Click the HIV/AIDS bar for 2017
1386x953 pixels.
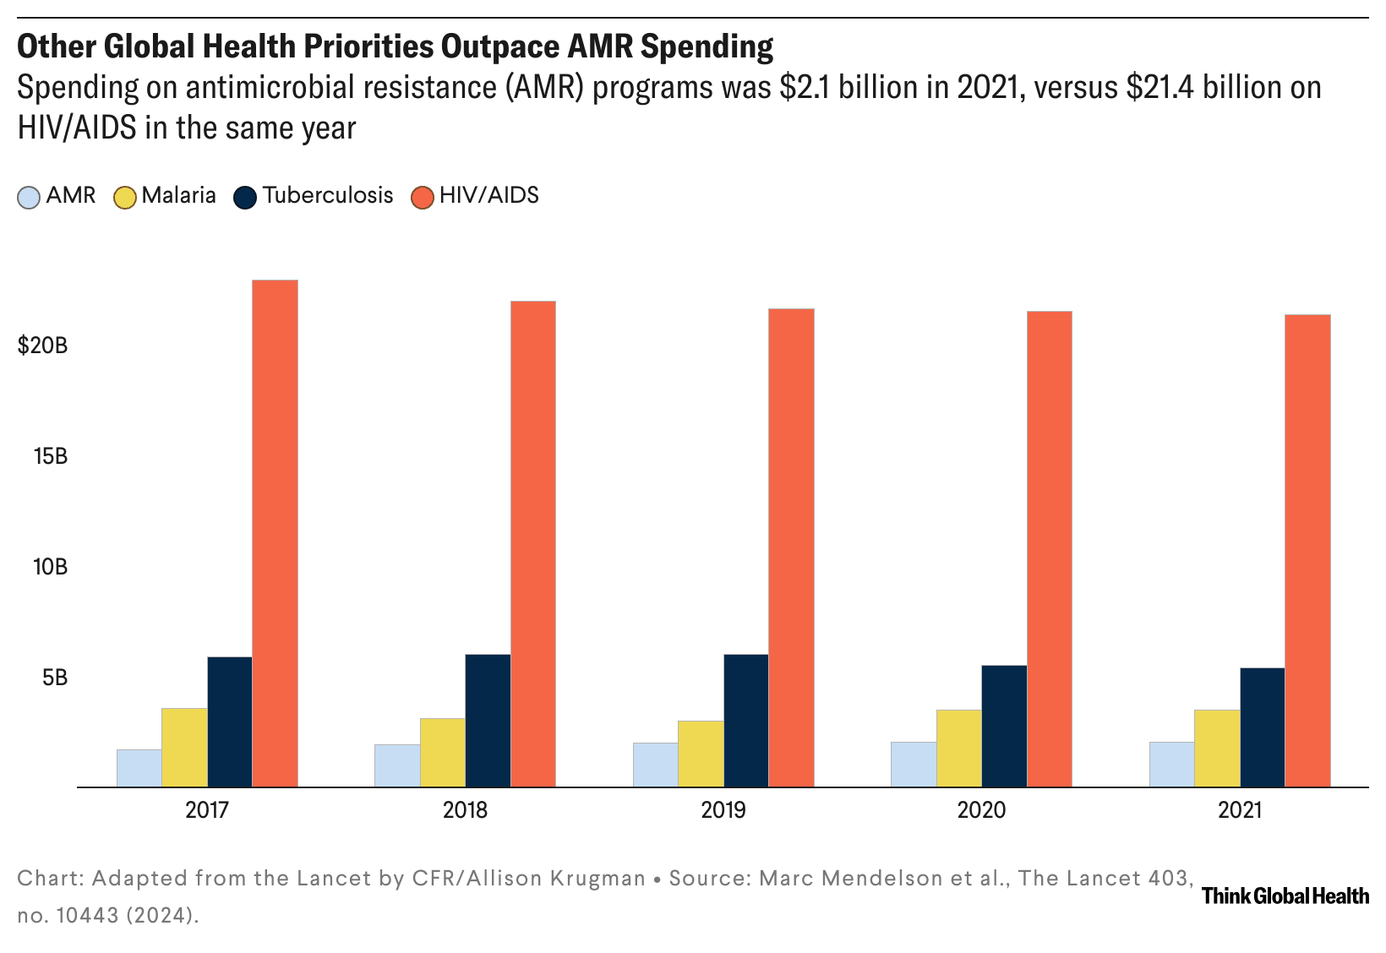pyautogui.click(x=275, y=533)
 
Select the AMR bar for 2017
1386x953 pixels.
pyautogui.click(x=139, y=768)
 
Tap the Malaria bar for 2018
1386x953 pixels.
pyautogui.click(x=442, y=752)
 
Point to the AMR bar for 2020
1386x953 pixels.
pyautogui.click(x=914, y=764)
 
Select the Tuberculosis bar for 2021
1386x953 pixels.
pyautogui.click(x=1263, y=727)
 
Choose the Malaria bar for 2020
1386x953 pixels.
pyautogui.click(x=959, y=748)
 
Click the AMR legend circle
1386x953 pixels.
pyautogui.click(x=29, y=197)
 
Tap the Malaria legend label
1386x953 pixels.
pyautogui.click(x=178, y=196)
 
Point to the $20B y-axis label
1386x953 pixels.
pyautogui.click(x=42, y=346)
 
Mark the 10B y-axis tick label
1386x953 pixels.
pyautogui.click(x=50, y=567)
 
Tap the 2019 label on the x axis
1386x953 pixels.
pyautogui.click(x=723, y=811)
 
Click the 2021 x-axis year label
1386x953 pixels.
pyautogui.click(x=1240, y=811)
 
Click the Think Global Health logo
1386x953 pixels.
pyautogui.click(x=1285, y=896)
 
